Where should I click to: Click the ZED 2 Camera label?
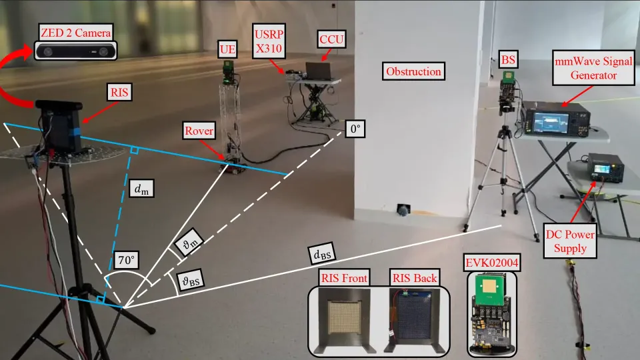[75, 31]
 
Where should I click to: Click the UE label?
[227, 49]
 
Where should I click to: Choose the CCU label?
[331, 39]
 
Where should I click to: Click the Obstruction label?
[413, 71]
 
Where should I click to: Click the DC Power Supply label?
[565, 241]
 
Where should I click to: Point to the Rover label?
[200, 131]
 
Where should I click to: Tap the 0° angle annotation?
[355, 129]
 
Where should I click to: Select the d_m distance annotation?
[141, 190]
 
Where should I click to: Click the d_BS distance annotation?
[321, 254]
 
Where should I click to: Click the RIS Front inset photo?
[339, 316]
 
